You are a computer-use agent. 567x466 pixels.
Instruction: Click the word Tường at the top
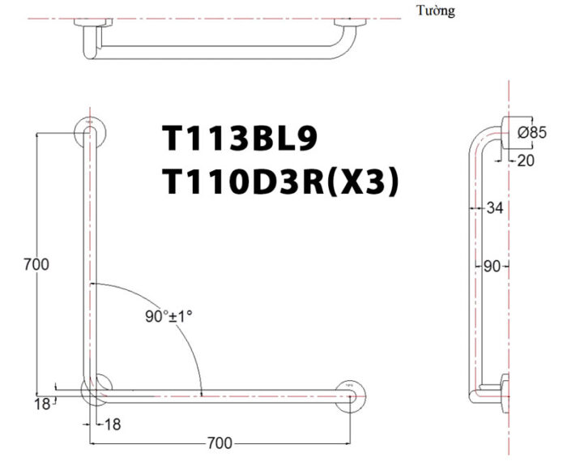coord(436,10)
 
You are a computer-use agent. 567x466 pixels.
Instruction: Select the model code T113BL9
coord(240,138)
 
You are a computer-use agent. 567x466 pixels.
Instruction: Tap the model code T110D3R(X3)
coord(280,182)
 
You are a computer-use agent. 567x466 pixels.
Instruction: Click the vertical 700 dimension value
coord(36,264)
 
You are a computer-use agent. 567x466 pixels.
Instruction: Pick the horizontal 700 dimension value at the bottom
coord(220,443)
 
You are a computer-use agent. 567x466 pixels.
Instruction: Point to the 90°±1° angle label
coord(168,317)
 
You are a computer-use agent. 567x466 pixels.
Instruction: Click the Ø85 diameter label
coord(532,132)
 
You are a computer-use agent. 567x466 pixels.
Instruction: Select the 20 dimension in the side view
coord(526,160)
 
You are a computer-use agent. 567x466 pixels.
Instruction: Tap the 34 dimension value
coord(495,208)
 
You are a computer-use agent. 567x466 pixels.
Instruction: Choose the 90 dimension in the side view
coord(492,267)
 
